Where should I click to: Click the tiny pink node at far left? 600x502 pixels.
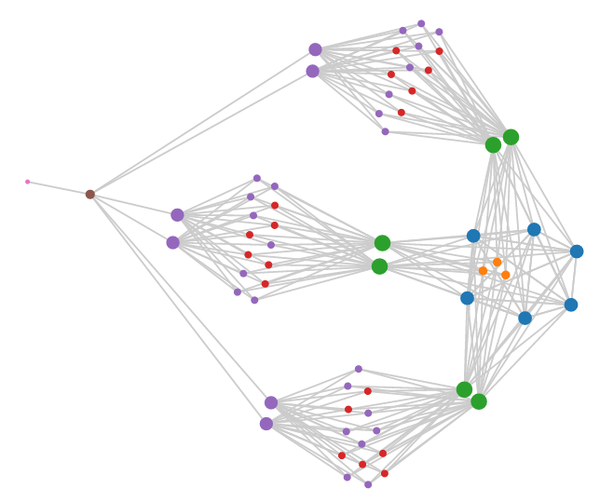click(x=27, y=182)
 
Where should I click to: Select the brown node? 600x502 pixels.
click(x=90, y=195)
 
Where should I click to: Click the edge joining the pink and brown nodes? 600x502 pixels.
click(x=59, y=188)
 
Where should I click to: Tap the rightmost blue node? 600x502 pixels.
click(x=577, y=251)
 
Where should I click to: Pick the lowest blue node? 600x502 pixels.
click(x=525, y=318)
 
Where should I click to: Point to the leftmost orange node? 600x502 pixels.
click(x=483, y=271)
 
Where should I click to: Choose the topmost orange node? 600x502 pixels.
click(x=498, y=263)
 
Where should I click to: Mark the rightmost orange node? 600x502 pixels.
click(x=506, y=275)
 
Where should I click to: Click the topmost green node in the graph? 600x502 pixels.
click(x=511, y=137)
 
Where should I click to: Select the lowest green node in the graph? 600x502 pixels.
click(x=479, y=401)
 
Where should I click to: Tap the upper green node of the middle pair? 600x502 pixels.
click(x=382, y=243)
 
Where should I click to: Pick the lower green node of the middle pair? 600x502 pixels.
click(x=379, y=266)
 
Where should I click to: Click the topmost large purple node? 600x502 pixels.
click(x=316, y=49)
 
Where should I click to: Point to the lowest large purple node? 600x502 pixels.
click(x=266, y=424)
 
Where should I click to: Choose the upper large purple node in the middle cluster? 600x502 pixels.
click(x=177, y=215)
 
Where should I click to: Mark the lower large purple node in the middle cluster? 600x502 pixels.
click(x=172, y=243)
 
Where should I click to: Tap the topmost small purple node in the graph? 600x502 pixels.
click(x=421, y=23)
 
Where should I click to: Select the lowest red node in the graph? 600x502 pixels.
click(x=384, y=473)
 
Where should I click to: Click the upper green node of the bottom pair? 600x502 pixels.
click(x=464, y=389)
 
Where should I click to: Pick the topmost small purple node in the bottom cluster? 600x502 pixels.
click(x=358, y=369)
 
